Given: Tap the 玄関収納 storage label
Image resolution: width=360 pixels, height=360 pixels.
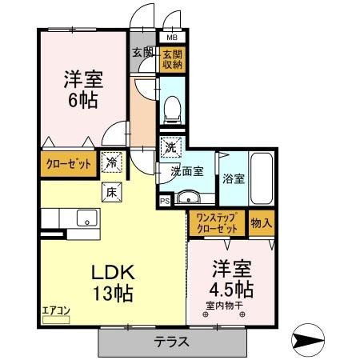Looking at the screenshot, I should tap(172, 61).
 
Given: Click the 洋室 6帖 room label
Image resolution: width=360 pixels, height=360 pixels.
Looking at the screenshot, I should tap(83, 90).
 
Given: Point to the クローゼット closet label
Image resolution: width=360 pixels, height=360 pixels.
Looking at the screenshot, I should tap(66, 165).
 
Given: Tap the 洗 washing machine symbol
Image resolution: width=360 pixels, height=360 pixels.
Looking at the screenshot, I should tap(170, 147).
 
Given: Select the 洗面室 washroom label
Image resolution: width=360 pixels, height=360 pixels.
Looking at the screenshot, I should tap(186, 171).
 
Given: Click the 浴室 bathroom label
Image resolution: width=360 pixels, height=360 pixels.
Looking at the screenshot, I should tap(234, 178).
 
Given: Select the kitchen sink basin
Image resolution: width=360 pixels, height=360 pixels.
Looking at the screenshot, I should tap(85, 217).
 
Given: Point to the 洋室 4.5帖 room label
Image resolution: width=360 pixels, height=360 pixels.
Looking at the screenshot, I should tap(233, 276).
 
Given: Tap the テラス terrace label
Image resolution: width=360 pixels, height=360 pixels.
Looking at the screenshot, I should tap(171, 342).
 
